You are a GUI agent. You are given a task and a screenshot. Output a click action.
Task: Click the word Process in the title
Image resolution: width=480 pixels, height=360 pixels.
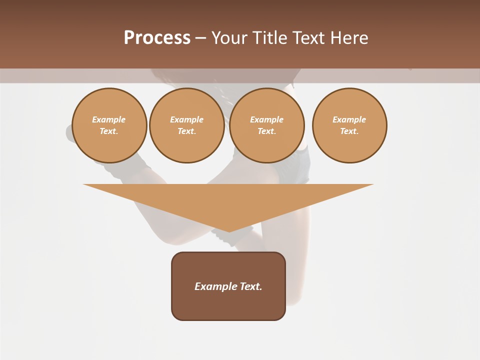[157, 38]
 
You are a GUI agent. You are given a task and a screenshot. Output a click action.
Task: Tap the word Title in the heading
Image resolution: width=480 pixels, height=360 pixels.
[268, 38]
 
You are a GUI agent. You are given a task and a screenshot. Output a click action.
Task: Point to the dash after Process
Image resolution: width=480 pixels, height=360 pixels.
[200, 38]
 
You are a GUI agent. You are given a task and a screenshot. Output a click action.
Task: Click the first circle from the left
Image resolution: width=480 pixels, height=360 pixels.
[109, 125]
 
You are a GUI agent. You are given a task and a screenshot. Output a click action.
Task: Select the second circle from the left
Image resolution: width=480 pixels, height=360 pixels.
[187, 125]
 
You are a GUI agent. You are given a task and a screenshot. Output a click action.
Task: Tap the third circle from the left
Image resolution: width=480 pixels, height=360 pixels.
[267, 125]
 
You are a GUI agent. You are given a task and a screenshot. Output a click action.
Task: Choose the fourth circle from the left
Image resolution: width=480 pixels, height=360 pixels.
[349, 125]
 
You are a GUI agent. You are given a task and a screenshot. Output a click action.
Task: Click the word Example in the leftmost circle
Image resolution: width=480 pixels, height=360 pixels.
[109, 119]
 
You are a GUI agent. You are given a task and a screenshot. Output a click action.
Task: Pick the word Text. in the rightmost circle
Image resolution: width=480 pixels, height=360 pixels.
[349, 131]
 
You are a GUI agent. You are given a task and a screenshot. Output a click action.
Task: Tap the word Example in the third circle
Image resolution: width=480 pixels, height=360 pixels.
[267, 119]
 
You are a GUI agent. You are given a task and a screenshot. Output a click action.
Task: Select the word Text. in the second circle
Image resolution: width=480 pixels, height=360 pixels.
[187, 131]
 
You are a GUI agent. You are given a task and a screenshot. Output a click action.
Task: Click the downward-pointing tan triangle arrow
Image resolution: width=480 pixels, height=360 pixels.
[228, 200]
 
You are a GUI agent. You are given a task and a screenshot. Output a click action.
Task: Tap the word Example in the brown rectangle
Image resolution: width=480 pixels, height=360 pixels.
[215, 286]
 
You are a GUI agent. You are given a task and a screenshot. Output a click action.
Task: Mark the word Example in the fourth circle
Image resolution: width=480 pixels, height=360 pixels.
[349, 119]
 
